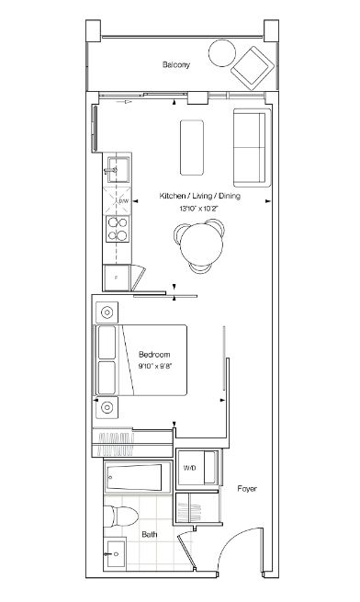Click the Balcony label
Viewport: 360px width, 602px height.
175,64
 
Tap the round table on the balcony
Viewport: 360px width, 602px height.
222,53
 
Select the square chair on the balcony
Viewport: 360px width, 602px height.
252,68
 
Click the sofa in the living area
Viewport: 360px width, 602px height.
253,147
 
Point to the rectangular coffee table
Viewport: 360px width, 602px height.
192,147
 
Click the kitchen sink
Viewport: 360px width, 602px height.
118,169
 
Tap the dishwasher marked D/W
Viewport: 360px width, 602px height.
118,200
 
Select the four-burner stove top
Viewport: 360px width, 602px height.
118,229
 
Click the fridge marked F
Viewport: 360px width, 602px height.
117,278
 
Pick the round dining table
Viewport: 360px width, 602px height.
201,245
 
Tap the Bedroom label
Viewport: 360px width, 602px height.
154,355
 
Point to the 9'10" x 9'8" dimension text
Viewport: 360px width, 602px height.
154,366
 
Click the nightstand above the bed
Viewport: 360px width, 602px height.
107,312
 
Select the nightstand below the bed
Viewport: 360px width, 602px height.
107,407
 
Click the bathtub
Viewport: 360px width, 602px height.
138,477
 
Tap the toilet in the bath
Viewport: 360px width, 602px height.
121,517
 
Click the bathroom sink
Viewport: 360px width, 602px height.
116,554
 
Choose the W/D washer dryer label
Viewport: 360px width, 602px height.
189,468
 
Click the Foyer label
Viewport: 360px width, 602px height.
247,489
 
